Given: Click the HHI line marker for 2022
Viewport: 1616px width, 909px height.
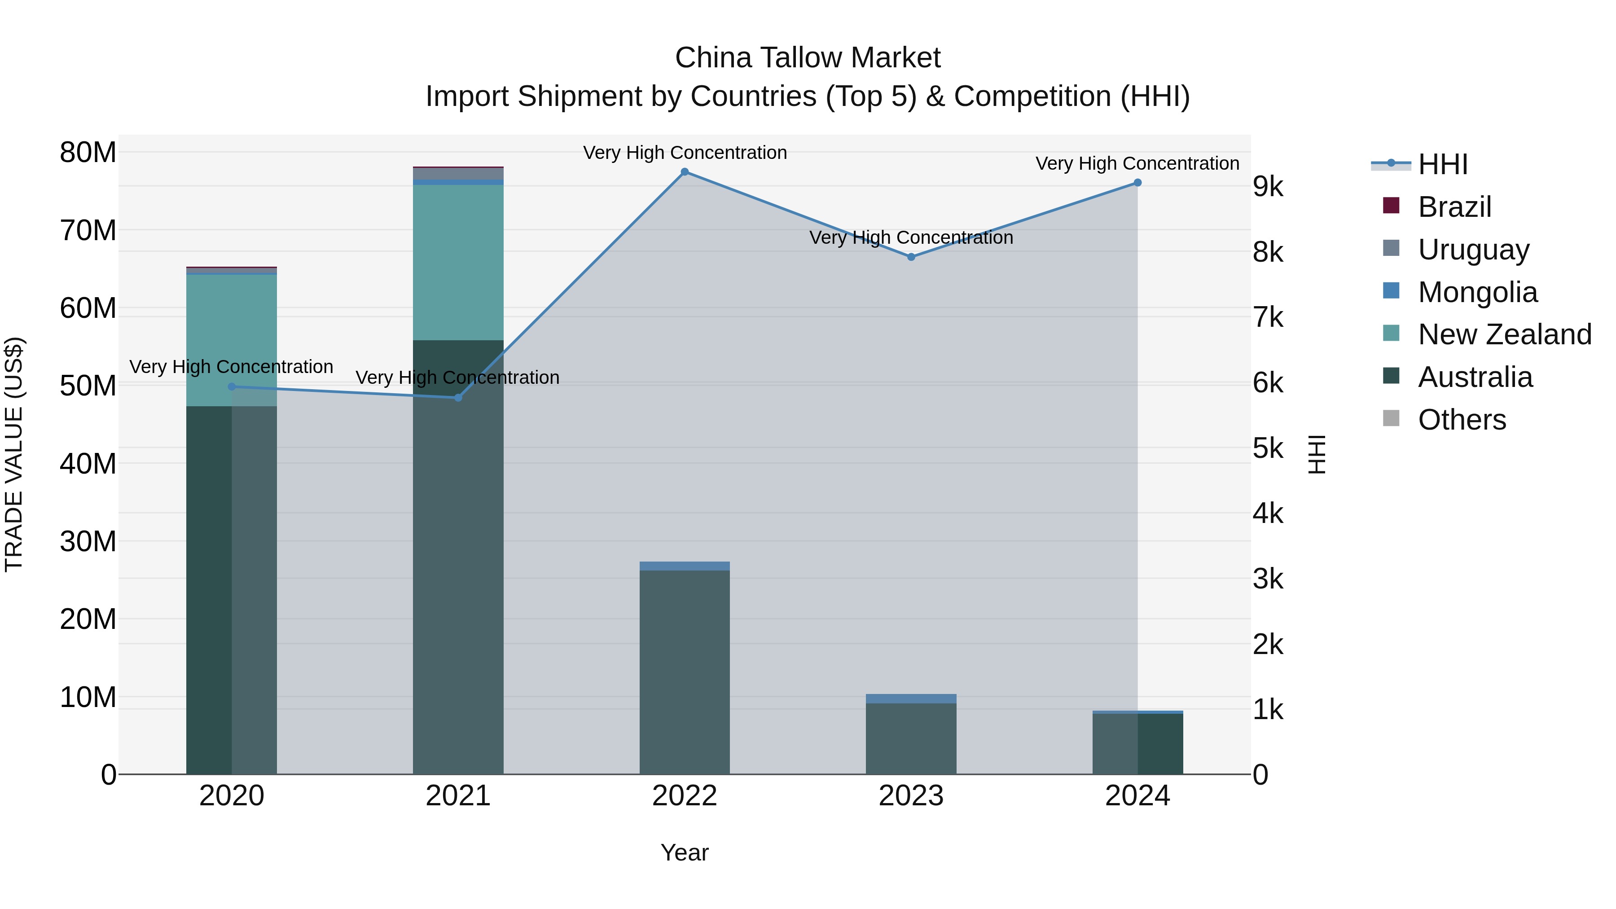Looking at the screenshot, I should [685, 172].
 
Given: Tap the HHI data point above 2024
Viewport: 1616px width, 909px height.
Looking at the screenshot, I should [1137, 183].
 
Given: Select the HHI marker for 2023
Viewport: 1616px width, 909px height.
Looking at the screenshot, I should [911, 257].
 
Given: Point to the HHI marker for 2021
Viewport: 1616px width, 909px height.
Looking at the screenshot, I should [458, 398].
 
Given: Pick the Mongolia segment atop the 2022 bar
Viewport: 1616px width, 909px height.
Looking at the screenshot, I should [685, 566].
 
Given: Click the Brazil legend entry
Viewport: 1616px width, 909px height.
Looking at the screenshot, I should [1454, 207].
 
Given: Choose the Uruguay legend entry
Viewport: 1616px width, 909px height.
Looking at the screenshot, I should [1473, 250].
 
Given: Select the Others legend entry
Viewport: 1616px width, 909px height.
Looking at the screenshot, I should [1462, 420].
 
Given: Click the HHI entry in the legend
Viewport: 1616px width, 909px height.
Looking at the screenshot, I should [1442, 164].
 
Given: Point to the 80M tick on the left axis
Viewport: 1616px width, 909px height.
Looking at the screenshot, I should [88, 153].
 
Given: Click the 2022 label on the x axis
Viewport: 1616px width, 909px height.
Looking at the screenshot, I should [685, 796].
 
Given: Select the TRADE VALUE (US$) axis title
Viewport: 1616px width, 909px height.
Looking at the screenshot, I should [14, 454].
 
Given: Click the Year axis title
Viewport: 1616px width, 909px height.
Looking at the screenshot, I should [685, 852].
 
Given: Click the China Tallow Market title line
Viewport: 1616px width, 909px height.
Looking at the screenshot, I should [808, 58].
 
